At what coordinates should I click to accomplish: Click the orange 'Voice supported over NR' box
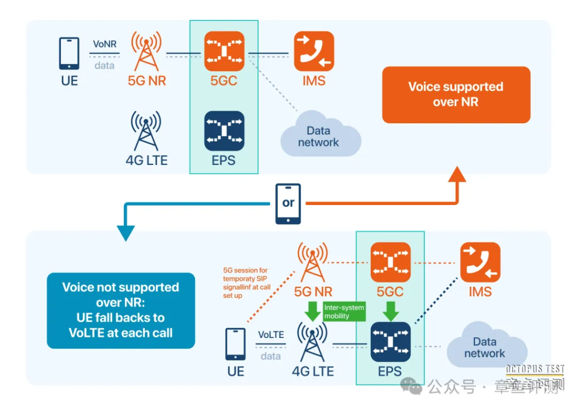pyautogui.click(x=456, y=95)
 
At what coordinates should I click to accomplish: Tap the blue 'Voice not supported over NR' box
pyautogui.click(x=121, y=310)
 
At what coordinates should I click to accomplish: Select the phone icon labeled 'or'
pyautogui.click(x=288, y=203)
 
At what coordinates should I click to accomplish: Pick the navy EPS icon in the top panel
pyautogui.click(x=224, y=131)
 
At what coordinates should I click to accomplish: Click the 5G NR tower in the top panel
pyautogui.click(x=147, y=51)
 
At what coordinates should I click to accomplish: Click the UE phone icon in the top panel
pyautogui.click(x=69, y=53)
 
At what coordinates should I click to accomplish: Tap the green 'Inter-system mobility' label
pyautogui.click(x=344, y=311)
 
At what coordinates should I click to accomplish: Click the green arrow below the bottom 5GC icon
pyautogui.click(x=390, y=310)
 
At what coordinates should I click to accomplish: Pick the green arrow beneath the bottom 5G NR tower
pyautogui.click(x=311, y=310)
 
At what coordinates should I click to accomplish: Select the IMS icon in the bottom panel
pyautogui.click(x=480, y=262)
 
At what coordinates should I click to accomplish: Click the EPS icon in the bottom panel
pyautogui.click(x=390, y=342)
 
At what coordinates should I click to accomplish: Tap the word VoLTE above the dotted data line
pyautogui.click(x=271, y=335)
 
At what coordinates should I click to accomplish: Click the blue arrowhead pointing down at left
pyautogui.click(x=126, y=232)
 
